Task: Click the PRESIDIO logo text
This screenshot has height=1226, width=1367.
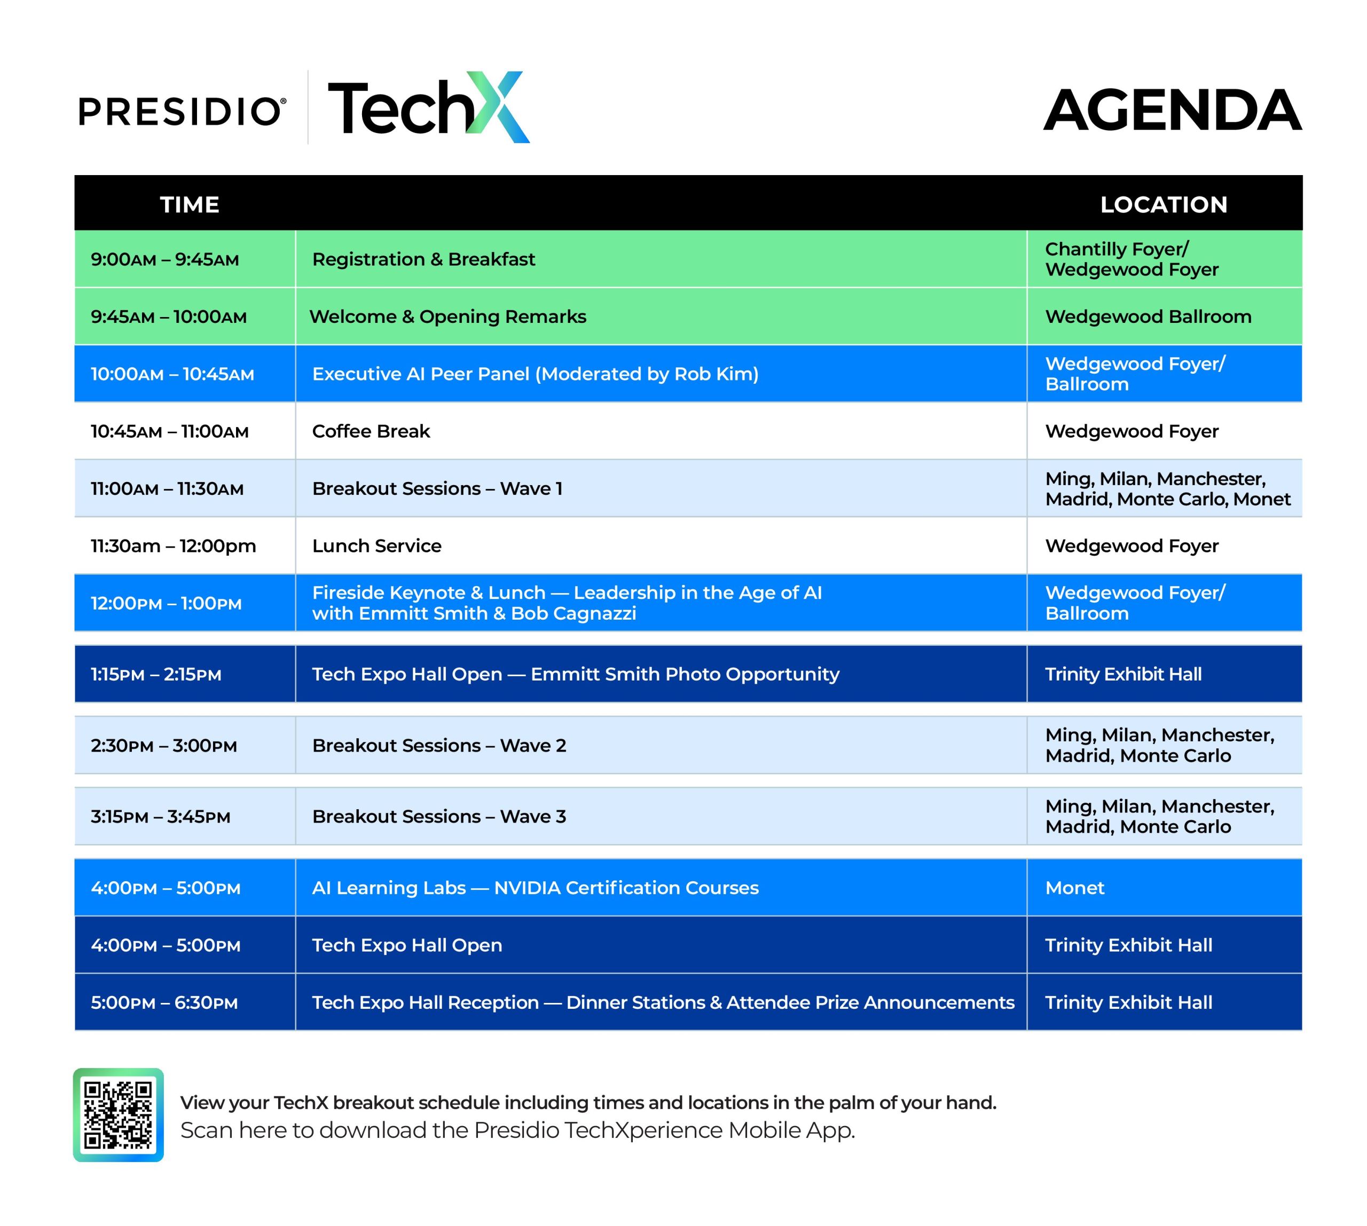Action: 182,111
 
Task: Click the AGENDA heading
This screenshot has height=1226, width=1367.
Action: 1172,110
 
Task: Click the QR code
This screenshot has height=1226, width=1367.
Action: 119,1115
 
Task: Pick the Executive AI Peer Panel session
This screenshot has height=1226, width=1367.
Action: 535,374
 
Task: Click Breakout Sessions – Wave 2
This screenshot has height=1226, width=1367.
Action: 439,746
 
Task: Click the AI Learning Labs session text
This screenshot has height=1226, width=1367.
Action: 535,888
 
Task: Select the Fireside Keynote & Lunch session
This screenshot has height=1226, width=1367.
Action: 567,603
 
